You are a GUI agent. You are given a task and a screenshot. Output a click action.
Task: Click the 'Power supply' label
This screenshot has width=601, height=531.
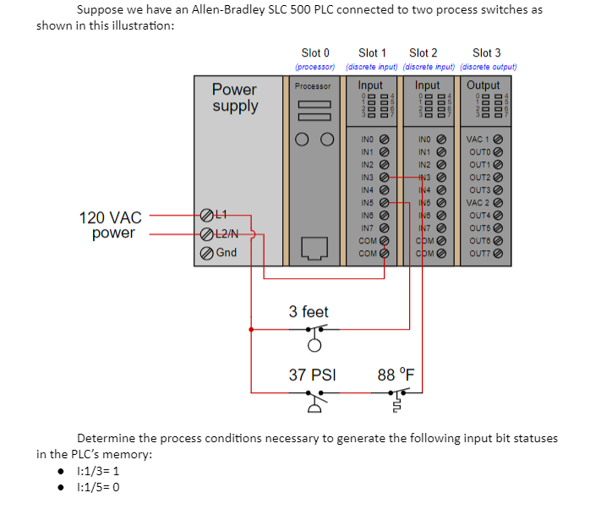coord(235,97)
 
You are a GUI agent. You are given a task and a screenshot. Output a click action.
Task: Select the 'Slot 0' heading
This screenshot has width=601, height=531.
coord(315,53)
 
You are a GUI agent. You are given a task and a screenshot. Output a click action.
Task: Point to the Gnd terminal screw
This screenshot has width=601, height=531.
coord(206,252)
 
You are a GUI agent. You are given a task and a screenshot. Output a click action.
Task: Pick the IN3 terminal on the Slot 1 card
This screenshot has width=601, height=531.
coord(385,178)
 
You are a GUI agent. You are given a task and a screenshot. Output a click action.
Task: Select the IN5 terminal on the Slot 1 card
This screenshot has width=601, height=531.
coord(385,203)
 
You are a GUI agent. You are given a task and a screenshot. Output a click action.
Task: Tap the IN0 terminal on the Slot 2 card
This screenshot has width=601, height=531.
coord(441,140)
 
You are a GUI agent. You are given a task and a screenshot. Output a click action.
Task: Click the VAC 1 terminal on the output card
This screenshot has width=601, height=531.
coord(498,140)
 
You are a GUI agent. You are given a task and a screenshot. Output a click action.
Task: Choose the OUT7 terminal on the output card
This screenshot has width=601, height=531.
coord(498,253)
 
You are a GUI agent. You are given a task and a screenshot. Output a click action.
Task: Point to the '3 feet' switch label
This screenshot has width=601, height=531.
coord(309,312)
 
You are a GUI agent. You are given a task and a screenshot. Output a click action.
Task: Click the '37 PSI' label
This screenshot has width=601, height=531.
coord(312,374)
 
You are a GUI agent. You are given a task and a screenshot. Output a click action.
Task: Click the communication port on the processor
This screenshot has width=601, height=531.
coord(314,248)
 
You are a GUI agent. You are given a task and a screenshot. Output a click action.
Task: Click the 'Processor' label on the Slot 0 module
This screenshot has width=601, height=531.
coord(313,86)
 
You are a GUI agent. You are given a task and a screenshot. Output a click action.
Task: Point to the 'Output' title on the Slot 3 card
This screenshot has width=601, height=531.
coord(484,85)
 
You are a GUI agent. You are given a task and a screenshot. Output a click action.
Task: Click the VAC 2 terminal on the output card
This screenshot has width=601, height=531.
coord(498,203)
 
